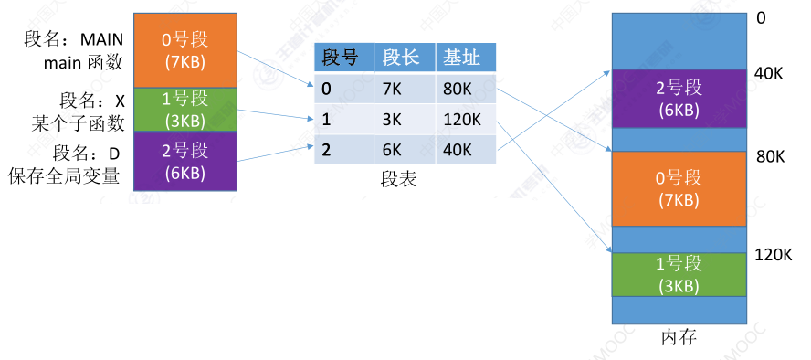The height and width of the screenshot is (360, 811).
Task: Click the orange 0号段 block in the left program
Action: click(x=186, y=50)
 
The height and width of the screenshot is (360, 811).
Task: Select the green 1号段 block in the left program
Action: click(x=186, y=109)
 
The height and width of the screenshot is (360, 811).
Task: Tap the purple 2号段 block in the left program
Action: click(x=186, y=161)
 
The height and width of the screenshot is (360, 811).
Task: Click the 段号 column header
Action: click(x=339, y=58)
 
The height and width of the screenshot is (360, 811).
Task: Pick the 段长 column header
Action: click(x=401, y=58)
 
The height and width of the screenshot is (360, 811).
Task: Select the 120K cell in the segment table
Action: click(x=462, y=120)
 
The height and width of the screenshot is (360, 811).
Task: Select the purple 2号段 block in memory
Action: click(x=678, y=99)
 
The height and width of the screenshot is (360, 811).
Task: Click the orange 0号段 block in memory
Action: click(x=678, y=188)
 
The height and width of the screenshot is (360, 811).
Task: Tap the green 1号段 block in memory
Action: click(x=678, y=274)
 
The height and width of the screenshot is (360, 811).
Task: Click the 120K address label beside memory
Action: click(x=773, y=254)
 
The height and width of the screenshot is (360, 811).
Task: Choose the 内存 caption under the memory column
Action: click(x=678, y=337)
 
